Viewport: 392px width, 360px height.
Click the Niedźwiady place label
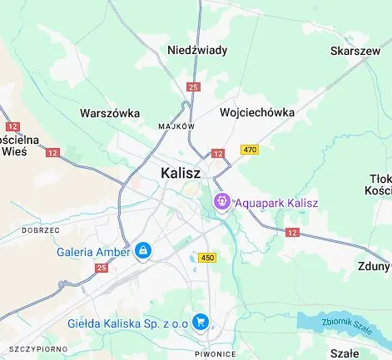pos(197,50)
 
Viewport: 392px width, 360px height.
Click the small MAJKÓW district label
pos(176,126)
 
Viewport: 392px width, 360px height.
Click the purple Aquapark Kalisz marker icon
pos(222,201)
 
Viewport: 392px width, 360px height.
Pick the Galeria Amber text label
pos(93,251)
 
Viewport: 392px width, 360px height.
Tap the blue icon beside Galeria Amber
pos(143,250)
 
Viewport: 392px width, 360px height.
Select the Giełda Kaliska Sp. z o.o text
pos(128,323)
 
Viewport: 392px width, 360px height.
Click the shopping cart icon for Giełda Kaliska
pos(200,322)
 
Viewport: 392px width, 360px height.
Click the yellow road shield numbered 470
pos(249,150)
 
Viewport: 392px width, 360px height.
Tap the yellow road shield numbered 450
pos(207,258)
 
